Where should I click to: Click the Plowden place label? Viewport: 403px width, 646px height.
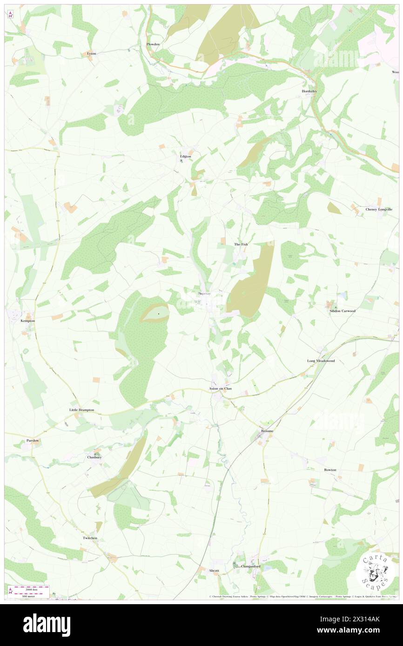153,44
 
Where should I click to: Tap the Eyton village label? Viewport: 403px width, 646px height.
92,53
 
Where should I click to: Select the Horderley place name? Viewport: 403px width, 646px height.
309,92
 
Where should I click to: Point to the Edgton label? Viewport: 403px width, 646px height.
186,156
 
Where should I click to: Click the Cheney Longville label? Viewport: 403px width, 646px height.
379,210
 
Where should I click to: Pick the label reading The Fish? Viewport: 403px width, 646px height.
241,244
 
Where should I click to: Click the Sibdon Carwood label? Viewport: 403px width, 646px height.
343,310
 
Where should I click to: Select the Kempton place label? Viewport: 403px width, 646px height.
28,321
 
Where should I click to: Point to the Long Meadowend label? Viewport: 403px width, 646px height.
321,361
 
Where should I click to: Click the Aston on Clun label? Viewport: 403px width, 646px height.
220,388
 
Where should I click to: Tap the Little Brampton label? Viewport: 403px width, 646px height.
81,410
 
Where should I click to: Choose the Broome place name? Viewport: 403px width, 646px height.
267,431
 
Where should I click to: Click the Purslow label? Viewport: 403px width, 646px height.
33,439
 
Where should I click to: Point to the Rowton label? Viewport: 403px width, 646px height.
330,470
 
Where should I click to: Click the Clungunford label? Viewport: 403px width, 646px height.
252,567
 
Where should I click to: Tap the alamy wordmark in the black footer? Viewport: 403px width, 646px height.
47,625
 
